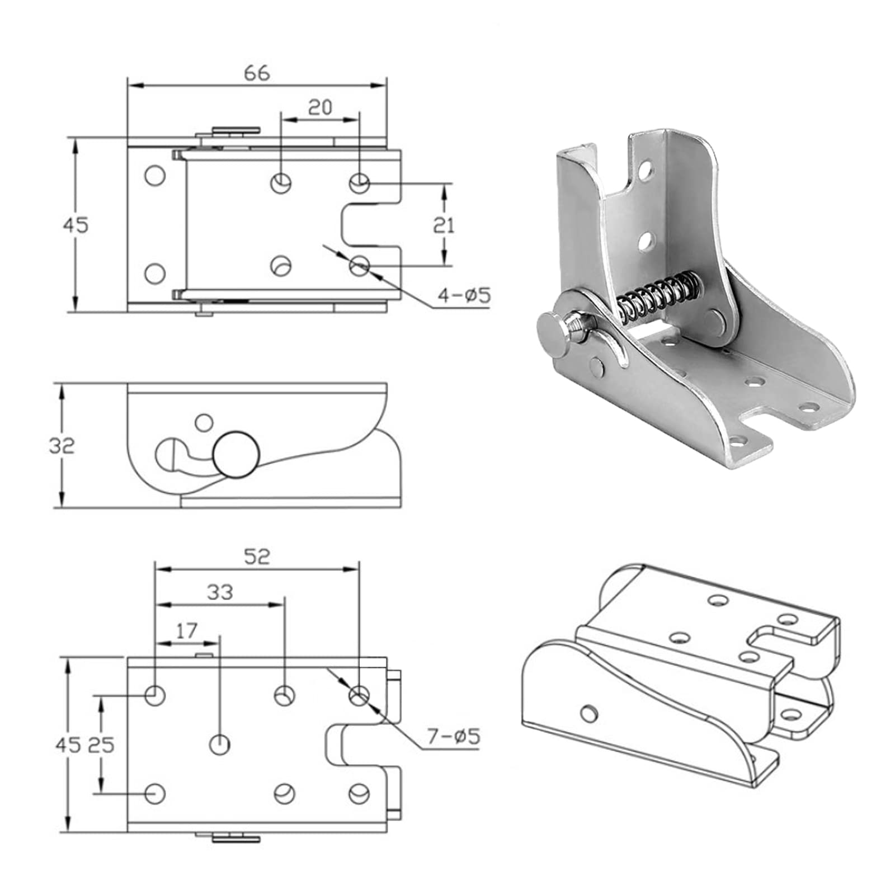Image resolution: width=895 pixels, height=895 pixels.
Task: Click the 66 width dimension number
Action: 257,73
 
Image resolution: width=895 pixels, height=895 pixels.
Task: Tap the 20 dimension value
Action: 320,107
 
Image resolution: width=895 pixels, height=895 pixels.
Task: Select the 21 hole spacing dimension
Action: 444,225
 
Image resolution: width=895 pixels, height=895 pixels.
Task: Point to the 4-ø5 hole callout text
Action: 464,294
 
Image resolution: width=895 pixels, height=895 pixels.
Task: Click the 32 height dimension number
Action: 62,446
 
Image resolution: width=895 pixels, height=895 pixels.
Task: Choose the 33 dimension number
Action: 219,592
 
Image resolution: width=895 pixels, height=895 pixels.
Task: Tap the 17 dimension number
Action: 186,630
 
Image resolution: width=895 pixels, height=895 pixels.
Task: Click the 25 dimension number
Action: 101,745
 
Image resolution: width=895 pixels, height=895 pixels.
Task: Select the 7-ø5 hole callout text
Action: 454,737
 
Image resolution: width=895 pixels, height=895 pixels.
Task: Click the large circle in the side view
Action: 236,455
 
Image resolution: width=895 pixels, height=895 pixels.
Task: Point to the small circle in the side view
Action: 206,421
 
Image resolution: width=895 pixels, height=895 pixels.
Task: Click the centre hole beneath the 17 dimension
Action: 219,745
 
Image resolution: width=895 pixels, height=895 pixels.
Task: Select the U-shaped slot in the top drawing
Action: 370,225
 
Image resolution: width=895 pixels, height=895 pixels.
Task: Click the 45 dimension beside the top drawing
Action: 76,225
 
